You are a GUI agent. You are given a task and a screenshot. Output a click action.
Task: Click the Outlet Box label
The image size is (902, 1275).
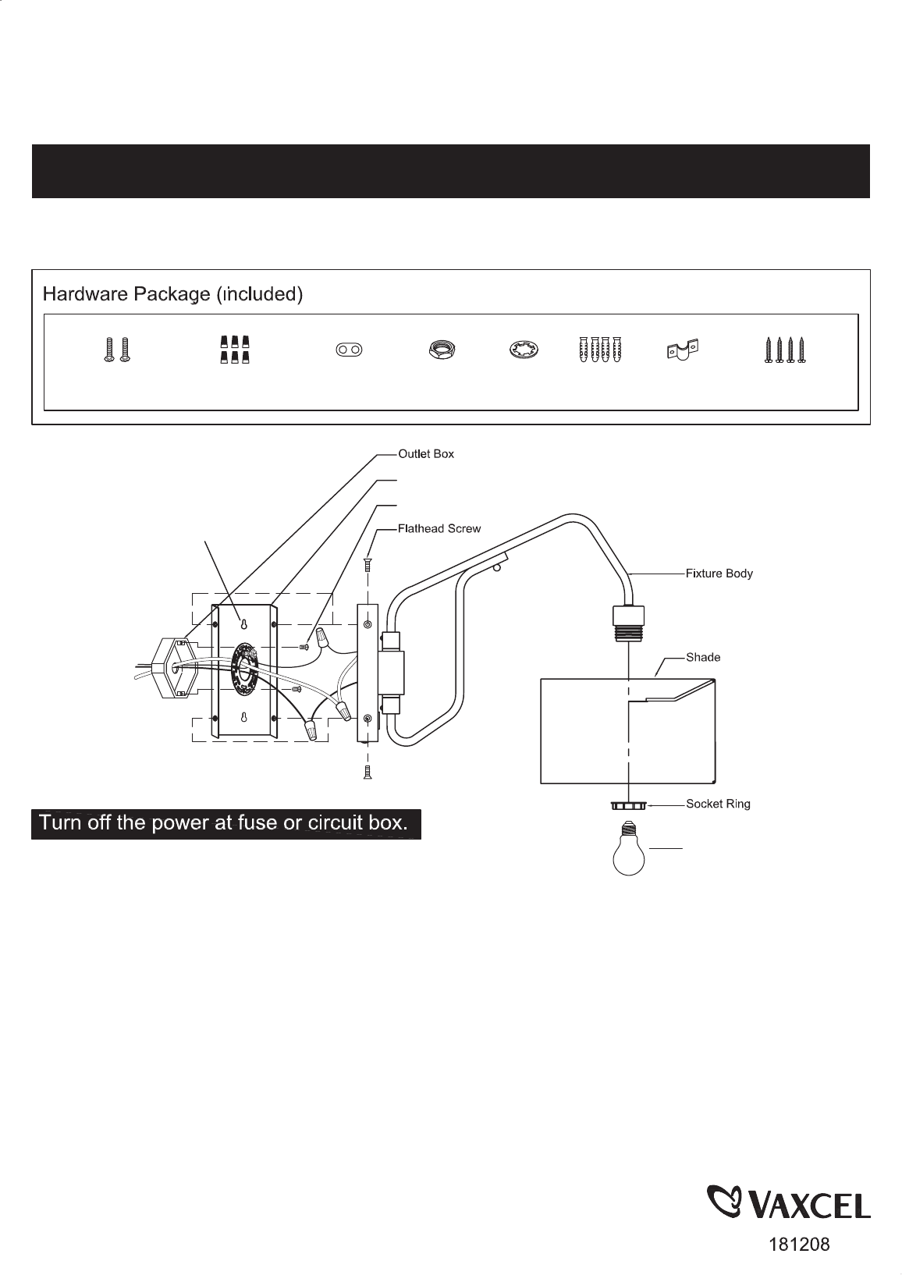coord(426,453)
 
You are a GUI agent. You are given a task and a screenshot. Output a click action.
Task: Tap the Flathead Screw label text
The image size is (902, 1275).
coord(439,528)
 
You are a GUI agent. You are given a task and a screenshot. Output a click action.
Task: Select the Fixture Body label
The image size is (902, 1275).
coord(719,574)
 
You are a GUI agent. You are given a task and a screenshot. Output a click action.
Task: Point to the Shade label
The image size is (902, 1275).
coord(703,657)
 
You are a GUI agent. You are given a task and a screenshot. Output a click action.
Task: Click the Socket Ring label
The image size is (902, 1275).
coord(718,804)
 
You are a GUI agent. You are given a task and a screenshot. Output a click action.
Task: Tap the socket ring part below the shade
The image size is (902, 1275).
coord(629,805)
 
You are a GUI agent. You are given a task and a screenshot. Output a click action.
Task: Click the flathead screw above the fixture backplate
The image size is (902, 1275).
coord(367,565)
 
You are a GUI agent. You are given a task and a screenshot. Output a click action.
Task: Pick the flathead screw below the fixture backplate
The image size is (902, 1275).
coord(368,772)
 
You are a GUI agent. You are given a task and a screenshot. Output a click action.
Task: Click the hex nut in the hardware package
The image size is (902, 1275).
coord(442,349)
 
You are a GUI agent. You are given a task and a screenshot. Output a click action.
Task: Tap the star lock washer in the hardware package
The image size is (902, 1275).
coord(524,350)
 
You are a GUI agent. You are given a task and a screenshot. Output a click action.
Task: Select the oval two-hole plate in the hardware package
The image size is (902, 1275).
coord(349,350)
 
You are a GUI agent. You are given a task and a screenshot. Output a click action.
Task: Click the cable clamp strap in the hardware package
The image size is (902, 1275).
coord(683,350)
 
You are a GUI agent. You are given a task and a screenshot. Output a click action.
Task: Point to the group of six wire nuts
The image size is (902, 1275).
coord(235,350)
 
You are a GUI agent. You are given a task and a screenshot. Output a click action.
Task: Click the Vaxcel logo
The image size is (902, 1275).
coord(789,1202)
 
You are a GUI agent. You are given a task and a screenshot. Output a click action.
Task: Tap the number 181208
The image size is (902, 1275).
coord(800,1245)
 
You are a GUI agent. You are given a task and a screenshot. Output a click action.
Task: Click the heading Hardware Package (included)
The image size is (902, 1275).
coord(173,294)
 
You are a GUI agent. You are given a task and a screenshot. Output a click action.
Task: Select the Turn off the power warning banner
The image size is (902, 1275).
coord(226,824)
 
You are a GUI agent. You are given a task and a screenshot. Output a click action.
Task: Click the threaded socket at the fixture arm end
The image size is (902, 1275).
coord(629,623)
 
